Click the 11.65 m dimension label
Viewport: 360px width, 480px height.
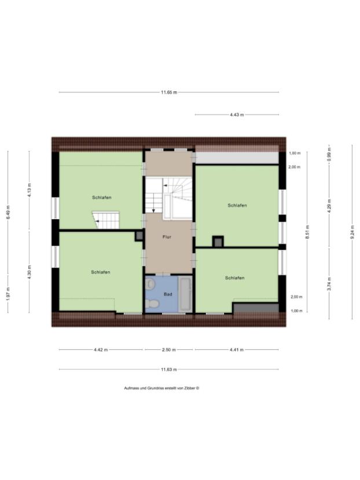click(169, 92)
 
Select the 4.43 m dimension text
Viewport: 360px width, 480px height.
click(236, 115)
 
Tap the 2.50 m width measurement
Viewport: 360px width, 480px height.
click(168, 349)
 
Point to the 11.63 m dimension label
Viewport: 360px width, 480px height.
click(169, 369)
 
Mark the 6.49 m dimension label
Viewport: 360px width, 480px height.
click(8, 213)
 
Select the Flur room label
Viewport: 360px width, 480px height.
click(167, 237)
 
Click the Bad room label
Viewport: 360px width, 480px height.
click(168, 294)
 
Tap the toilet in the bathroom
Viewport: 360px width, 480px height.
click(150, 285)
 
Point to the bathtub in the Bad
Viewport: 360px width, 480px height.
click(186, 293)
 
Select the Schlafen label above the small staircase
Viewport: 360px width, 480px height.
click(101, 198)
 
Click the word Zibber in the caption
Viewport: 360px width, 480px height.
click(189, 388)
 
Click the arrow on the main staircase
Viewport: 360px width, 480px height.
click(165, 186)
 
